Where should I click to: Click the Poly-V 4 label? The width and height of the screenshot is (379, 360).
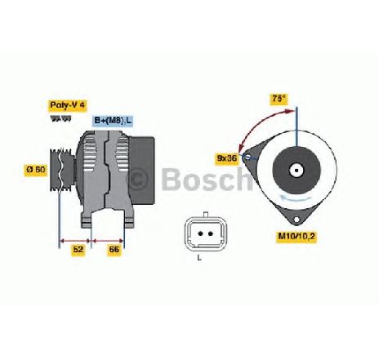click(68, 105)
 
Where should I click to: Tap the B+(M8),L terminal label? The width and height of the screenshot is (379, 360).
click(113, 121)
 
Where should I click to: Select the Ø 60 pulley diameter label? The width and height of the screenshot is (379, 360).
click(36, 169)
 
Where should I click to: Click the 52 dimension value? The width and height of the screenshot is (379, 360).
click(78, 249)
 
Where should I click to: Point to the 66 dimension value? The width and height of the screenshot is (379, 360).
click(114, 249)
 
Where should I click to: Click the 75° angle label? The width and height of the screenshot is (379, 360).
click(279, 98)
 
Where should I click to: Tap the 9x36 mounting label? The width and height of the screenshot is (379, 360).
click(227, 158)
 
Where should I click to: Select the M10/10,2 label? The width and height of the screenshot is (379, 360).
click(296, 236)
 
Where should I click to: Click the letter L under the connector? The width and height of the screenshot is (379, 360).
click(199, 257)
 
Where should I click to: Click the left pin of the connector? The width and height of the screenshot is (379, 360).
click(201, 233)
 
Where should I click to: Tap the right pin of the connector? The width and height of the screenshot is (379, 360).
click(210, 233)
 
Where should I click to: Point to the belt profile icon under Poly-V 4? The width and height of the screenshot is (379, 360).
click(60, 118)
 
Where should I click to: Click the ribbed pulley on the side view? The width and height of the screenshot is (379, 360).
click(61, 169)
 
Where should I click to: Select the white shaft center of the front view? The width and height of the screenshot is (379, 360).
click(297, 171)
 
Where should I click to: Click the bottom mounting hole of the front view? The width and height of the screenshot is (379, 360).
click(297, 219)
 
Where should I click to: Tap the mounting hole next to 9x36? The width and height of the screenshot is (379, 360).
click(247, 157)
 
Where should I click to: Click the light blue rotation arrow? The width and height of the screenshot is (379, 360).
click(296, 198)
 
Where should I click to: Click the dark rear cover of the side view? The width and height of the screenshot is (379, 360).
click(142, 171)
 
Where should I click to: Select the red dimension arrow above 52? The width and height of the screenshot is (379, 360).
click(75, 241)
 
